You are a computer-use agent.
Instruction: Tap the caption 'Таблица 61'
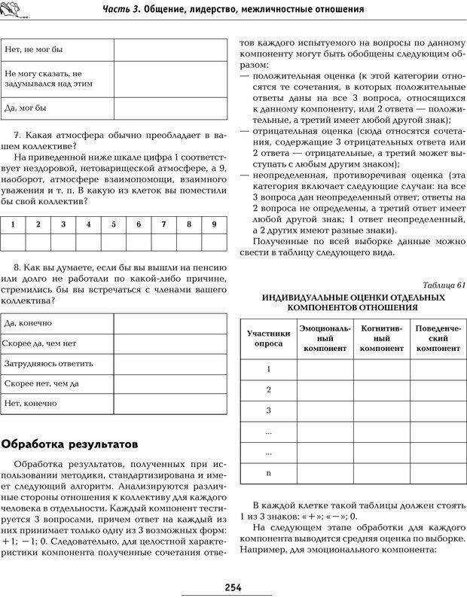coord(445,285)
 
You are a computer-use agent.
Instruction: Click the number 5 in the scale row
coord(114,224)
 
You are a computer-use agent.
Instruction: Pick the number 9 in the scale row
coord(214,224)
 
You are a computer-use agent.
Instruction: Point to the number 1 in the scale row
coord(13,224)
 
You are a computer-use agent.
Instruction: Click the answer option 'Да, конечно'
coord(28,323)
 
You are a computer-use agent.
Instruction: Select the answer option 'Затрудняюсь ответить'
coord(48,363)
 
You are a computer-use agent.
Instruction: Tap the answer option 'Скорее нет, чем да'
coord(42,383)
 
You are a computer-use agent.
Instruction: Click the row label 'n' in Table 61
coord(269,472)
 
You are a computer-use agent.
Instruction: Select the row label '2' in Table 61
coord(269,389)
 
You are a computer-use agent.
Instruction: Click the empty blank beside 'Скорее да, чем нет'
coord(169,343)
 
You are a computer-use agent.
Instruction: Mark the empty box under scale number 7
coord(164,242)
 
